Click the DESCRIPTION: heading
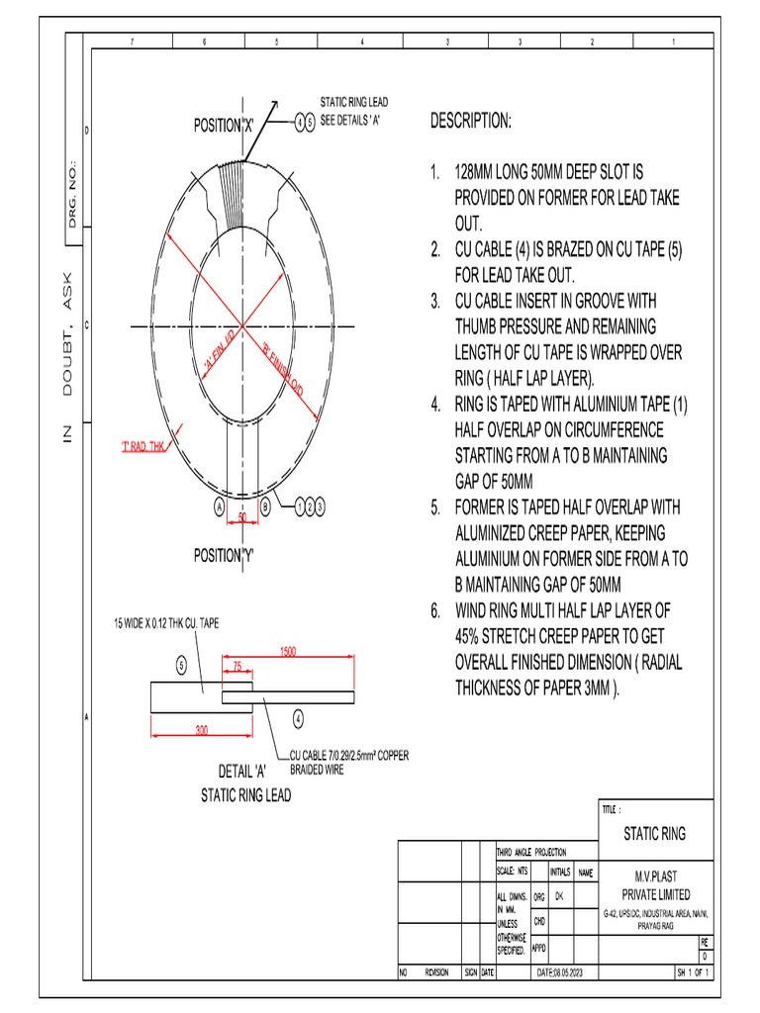[x=471, y=121]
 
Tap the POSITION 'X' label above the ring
[x=224, y=126]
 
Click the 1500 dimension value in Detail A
[x=287, y=653]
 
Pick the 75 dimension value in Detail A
[x=237, y=667]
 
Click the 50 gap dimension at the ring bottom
[x=241, y=516]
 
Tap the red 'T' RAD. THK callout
[x=147, y=448]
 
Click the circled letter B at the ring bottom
[x=266, y=506]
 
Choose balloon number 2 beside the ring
[x=309, y=506]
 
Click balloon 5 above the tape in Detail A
[x=181, y=666]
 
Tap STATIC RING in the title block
[x=654, y=834]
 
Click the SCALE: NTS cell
[x=514, y=872]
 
